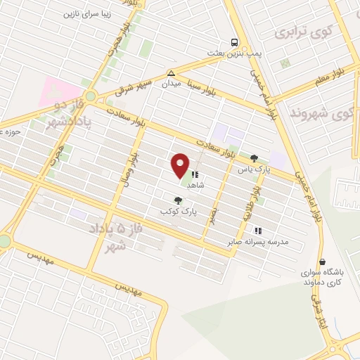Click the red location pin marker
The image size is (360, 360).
pyautogui.click(x=181, y=165)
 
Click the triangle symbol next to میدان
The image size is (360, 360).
pyautogui.click(x=171, y=72)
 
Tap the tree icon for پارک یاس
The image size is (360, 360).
pyautogui.click(x=254, y=159)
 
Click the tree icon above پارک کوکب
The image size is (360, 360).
pyautogui.click(x=187, y=200)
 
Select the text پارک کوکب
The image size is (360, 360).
pyautogui.click(x=179, y=211)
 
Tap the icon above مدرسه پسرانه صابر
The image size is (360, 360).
pyautogui.click(x=258, y=230)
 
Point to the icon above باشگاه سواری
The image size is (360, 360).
pyautogui.click(x=322, y=262)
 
